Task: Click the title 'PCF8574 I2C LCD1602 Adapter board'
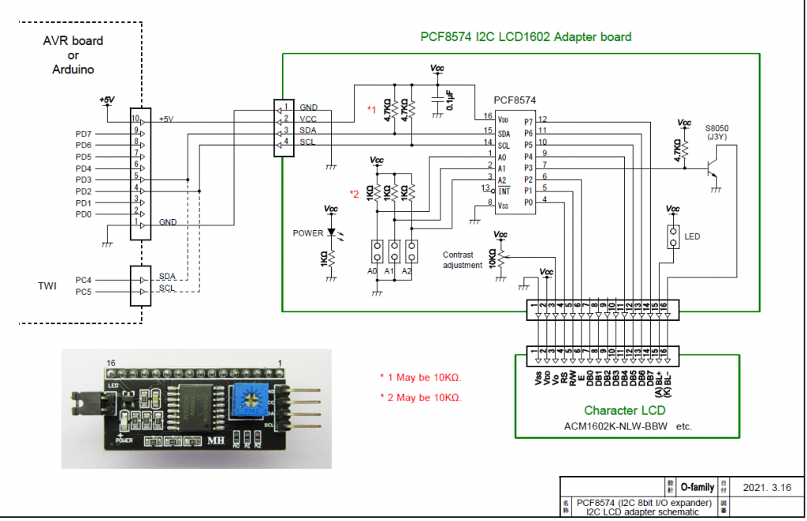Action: click(526, 37)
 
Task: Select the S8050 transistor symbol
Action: click(712, 168)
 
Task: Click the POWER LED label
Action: click(308, 233)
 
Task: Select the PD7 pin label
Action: click(84, 133)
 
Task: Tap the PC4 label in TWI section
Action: click(84, 280)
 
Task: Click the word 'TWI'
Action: click(47, 285)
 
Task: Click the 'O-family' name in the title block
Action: click(697, 487)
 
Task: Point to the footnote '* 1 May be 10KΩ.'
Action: click(420, 376)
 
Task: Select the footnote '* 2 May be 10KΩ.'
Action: click(420, 397)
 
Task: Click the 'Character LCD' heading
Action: click(624, 410)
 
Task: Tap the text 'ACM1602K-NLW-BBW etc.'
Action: click(627, 426)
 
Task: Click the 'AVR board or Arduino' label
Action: click(73, 55)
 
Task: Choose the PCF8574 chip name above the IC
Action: click(515, 101)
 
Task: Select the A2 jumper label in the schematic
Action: click(407, 270)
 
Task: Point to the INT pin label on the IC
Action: click(505, 191)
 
